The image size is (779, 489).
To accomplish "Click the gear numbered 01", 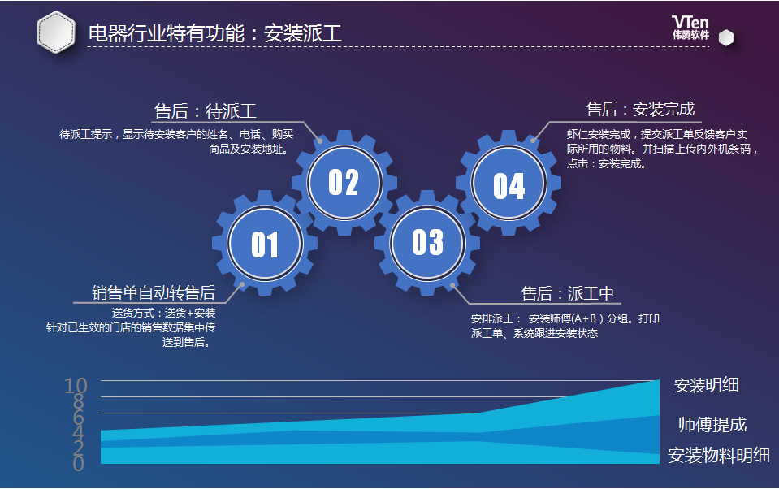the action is (x=265, y=244).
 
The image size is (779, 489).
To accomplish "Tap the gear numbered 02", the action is (x=344, y=183).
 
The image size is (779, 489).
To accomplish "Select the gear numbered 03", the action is (x=427, y=243).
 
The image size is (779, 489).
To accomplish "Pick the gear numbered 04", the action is (x=509, y=184).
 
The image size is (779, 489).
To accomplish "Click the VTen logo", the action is (x=690, y=28).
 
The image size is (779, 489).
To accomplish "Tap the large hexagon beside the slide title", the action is (x=56, y=32).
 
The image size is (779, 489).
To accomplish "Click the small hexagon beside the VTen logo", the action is (x=726, y=37).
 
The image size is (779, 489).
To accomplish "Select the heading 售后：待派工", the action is (x=206, y=110).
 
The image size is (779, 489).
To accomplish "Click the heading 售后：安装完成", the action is (x=640, y=109).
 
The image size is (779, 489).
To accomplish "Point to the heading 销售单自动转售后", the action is (x=154, y=292).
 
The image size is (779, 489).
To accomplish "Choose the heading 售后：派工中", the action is (x=567, y=293).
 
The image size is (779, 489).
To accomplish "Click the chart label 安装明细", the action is (x=707, y=385).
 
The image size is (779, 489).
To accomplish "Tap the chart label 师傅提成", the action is (x=712, y=424).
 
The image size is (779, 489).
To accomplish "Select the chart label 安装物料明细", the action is (x=718, y=455).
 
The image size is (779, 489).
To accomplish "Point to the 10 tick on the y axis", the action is (x=76, y=386).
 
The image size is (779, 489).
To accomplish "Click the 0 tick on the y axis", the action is (x=79, y=464).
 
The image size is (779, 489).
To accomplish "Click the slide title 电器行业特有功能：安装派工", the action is (x=215, y=33).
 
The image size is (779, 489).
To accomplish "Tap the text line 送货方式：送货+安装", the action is (x=163, y=313).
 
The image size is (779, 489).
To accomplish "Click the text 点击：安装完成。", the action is (x=606, y=163).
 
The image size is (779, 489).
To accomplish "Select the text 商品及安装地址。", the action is (x=249, y=149).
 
